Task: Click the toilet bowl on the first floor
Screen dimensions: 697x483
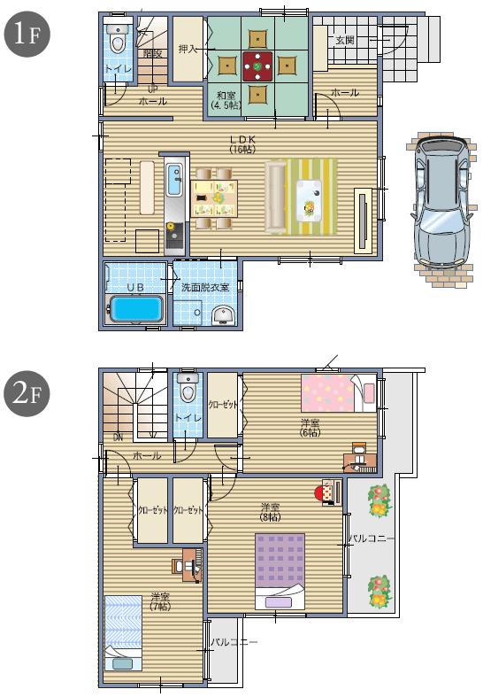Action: coord(117,38)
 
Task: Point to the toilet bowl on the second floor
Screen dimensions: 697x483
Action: coord(186,388)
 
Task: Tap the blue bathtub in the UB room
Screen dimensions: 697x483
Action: coord(135,311)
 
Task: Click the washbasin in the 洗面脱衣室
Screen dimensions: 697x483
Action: coord(224,314)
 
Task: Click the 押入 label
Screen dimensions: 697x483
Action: coord(187,49)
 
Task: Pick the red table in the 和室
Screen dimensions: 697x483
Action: coord(258,65)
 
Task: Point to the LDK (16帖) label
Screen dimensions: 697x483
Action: coord(241,143)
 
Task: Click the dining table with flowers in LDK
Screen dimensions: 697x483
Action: coord(214,197)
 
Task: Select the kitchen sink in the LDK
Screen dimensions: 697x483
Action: coord(172,181)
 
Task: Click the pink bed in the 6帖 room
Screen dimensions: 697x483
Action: coord(333,392)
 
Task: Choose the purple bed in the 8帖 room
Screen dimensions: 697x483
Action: coord(280,567)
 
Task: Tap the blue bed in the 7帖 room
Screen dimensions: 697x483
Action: coord(123,630)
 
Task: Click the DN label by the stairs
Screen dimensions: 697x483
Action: coord(118,437)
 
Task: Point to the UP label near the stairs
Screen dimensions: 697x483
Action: coord(152,89)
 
